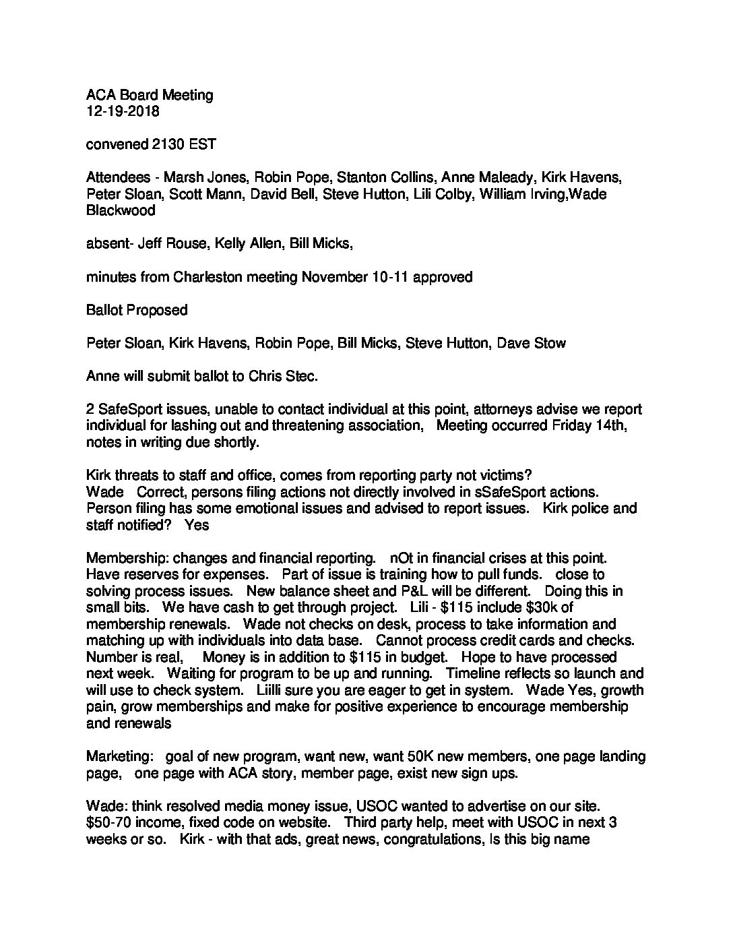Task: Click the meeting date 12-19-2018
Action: pyautogui.click(x=123, y=111)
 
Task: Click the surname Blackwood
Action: pyautogui.click(x=121, y=210)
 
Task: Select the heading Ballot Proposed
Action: pyautogui.click(x=137, y=310)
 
